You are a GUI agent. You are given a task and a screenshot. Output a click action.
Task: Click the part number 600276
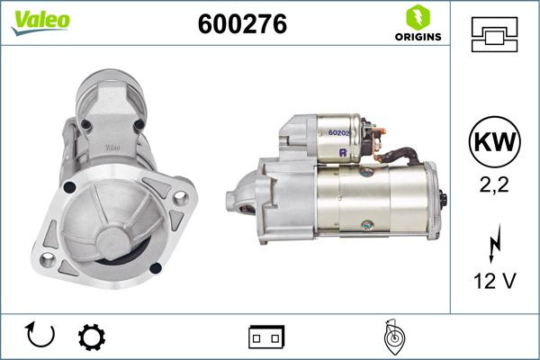(241, 25)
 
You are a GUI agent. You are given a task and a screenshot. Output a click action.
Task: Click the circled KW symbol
(494, 143)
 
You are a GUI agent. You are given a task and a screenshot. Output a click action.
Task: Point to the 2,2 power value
(494, 185)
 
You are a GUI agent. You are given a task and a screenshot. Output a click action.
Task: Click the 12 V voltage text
(494, 282)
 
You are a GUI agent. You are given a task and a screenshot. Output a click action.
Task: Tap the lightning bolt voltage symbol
(494, 244)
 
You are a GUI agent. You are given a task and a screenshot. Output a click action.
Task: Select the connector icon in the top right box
(494, 34)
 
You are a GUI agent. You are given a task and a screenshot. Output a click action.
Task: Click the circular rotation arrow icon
(41, 336)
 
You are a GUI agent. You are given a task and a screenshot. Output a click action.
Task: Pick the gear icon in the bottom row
(90, 337)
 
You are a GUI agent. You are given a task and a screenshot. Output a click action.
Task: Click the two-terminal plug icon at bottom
(266, 337)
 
